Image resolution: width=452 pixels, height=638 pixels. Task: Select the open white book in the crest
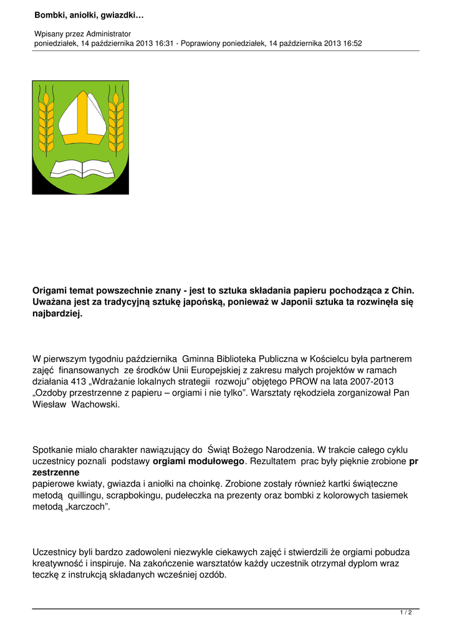click(80, 168)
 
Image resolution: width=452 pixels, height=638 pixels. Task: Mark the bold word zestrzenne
click(55, 473)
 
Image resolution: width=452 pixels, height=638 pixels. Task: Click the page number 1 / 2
click(406, 613)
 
